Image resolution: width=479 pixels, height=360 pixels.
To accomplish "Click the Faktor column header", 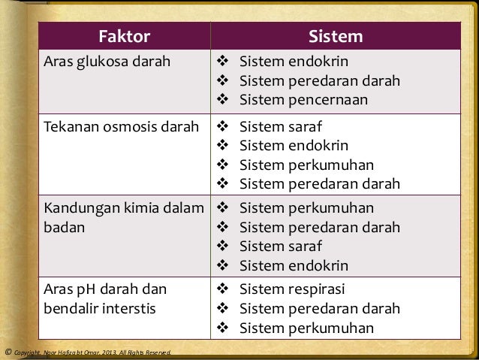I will [125, 36].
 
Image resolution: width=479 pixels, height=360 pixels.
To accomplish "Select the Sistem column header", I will [336, 36].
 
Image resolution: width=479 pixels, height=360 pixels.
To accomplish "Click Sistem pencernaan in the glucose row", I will [303, 100].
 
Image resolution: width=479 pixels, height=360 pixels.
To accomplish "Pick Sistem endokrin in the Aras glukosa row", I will [294, 61].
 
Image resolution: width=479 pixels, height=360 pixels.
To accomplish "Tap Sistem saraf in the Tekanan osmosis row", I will [280, 126].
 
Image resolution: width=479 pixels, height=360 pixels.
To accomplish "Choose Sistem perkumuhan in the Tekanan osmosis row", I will [306, 165].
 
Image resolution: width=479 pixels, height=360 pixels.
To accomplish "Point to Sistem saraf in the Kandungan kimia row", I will [280, 246].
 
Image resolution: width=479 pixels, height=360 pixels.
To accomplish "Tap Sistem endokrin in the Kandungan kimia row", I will [294, 265].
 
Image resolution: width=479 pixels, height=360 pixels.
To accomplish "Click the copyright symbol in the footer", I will [8, 351].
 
